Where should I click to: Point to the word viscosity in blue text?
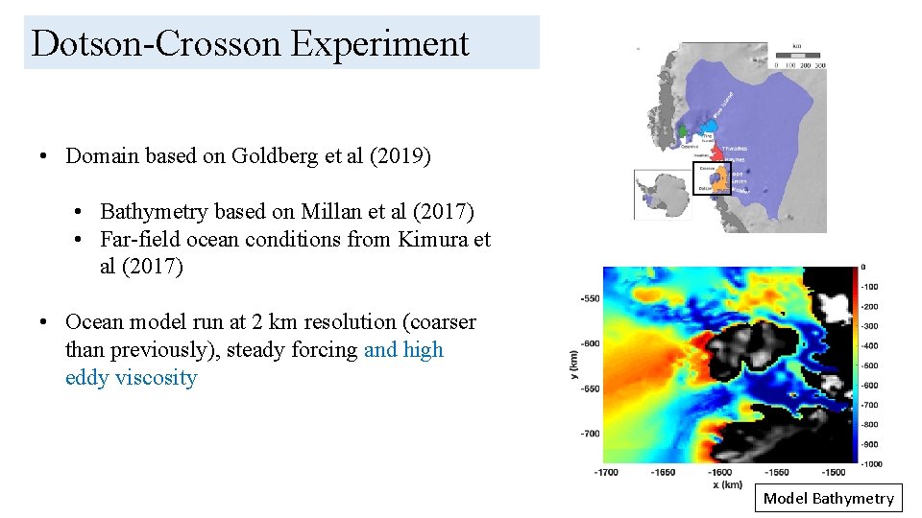point(156,378)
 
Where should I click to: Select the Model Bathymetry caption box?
point(828,498)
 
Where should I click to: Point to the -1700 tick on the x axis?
point(606,472)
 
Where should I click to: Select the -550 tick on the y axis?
point(589,298)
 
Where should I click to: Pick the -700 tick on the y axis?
point(589,434)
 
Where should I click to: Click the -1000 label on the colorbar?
point(870,464)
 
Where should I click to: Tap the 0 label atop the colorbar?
point(863,266)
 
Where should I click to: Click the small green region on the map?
point(683,130)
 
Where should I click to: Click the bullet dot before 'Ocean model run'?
point(45,323)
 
